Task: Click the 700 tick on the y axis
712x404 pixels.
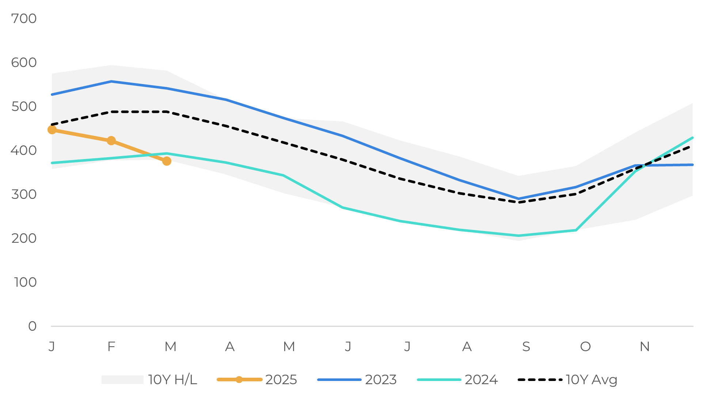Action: coord(24,19)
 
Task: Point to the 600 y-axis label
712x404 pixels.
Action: coord(24,63)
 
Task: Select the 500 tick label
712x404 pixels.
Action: coord(24,106)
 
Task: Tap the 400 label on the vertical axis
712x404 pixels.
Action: coord(24,150)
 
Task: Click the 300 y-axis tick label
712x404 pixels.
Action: coord(24,194)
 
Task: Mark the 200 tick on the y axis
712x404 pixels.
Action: coord(24,238)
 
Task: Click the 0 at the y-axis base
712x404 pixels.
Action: coord(32,326)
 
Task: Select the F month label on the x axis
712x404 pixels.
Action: coord(111,347)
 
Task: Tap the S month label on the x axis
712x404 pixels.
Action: coord(526,347)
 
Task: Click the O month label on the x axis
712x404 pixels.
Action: coord(585,347)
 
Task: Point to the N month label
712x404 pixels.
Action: coord(644,347)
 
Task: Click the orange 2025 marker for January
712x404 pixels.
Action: coord(52,130)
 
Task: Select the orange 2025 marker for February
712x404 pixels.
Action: coord(111,141)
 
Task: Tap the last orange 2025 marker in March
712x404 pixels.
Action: coord(167,161)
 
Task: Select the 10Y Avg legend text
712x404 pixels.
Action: coord(591,380)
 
